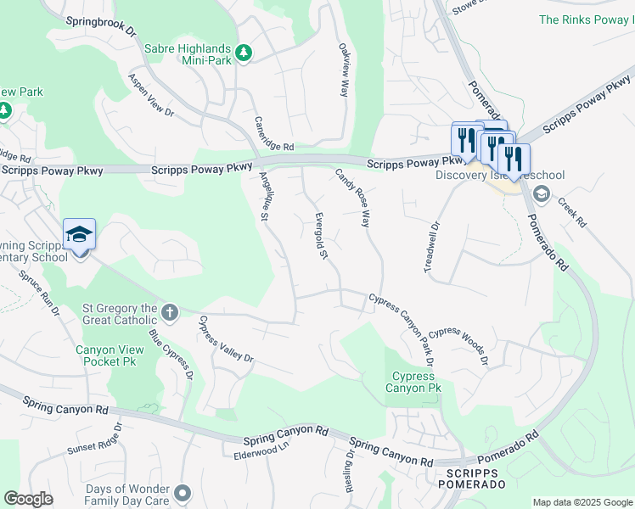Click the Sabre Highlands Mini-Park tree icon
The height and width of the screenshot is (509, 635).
(244, 53)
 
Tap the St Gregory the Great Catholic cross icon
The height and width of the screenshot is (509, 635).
(169, 313)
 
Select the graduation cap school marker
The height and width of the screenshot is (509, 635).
(79, 234)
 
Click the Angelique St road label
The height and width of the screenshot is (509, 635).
(264, 197)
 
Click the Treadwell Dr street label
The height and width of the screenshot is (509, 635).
(432, 247)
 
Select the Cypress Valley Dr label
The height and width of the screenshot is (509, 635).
(225, 339)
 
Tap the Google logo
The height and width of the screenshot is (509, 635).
(29, 499)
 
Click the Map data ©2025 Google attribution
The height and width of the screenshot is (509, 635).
(582, 502)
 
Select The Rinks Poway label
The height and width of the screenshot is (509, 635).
(587, 19)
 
